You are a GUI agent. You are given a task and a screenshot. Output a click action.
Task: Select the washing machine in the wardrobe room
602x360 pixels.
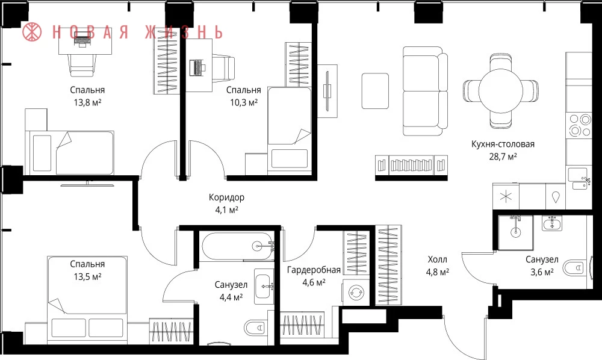[x=356, y=293]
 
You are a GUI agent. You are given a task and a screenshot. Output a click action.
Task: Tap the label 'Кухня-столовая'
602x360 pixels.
[x=503, y=144]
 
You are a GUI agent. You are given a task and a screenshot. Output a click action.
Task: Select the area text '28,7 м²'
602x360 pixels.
[x=503, y=157]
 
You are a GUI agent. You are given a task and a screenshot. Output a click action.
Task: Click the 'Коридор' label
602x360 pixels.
[x=226, y=197]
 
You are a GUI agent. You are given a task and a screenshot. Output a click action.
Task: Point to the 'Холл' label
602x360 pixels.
[x=437, y=260]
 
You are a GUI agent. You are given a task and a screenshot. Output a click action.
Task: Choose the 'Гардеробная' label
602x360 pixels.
[x=314, y=270]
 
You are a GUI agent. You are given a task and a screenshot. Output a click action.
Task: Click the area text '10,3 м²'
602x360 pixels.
[x=243, y=102]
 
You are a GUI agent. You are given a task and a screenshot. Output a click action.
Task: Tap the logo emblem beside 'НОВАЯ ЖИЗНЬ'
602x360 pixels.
[x=32, y=32]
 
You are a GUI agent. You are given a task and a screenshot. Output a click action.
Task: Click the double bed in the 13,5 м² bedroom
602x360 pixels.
[x=87, y=297]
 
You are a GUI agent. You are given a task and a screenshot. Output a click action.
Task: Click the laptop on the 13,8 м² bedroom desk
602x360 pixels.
[x=82, y=40]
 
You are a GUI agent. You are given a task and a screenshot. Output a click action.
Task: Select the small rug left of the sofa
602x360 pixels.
[x=375, y=91]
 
